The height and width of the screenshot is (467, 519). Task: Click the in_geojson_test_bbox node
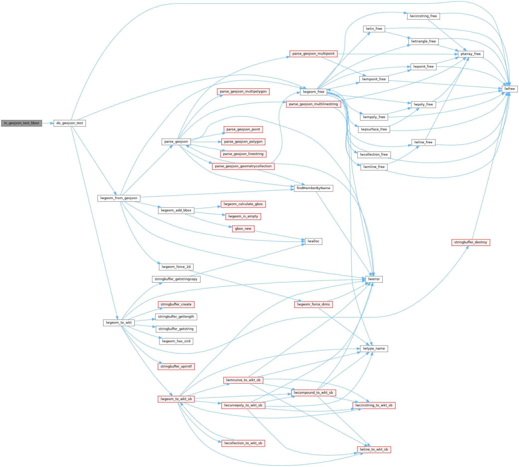pos(22,123)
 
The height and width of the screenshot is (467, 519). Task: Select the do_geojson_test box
pos(70,123)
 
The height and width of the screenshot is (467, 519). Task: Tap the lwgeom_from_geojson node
pos(119,198)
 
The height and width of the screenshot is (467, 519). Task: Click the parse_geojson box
pos(176,142)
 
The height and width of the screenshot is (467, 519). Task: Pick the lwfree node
pos(510,89)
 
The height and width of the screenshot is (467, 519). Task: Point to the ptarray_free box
pos(470,54)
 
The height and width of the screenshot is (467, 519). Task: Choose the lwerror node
pos(374,279)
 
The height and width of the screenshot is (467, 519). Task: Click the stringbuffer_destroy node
pos(470,242)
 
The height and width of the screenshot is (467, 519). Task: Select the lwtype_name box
pos(374,348)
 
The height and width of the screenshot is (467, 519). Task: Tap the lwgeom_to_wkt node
pos(119,323)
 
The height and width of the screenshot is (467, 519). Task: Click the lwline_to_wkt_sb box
pos(374,449)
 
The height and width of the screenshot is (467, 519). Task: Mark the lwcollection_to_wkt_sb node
pos(243,443)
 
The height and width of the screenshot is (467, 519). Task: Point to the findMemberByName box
pos(313,188)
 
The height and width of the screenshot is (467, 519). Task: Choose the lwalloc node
pos(313,241)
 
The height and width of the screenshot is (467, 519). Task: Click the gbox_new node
pos(243,229)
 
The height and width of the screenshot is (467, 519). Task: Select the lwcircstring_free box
pos(423,16)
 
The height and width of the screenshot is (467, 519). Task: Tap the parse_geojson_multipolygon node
pos(243,92)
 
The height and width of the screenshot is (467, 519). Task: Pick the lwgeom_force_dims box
pos(313,304)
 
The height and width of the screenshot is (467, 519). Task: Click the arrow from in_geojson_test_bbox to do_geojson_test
pos(48,123)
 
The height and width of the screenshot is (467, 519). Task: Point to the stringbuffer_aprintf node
pos(176,366)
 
